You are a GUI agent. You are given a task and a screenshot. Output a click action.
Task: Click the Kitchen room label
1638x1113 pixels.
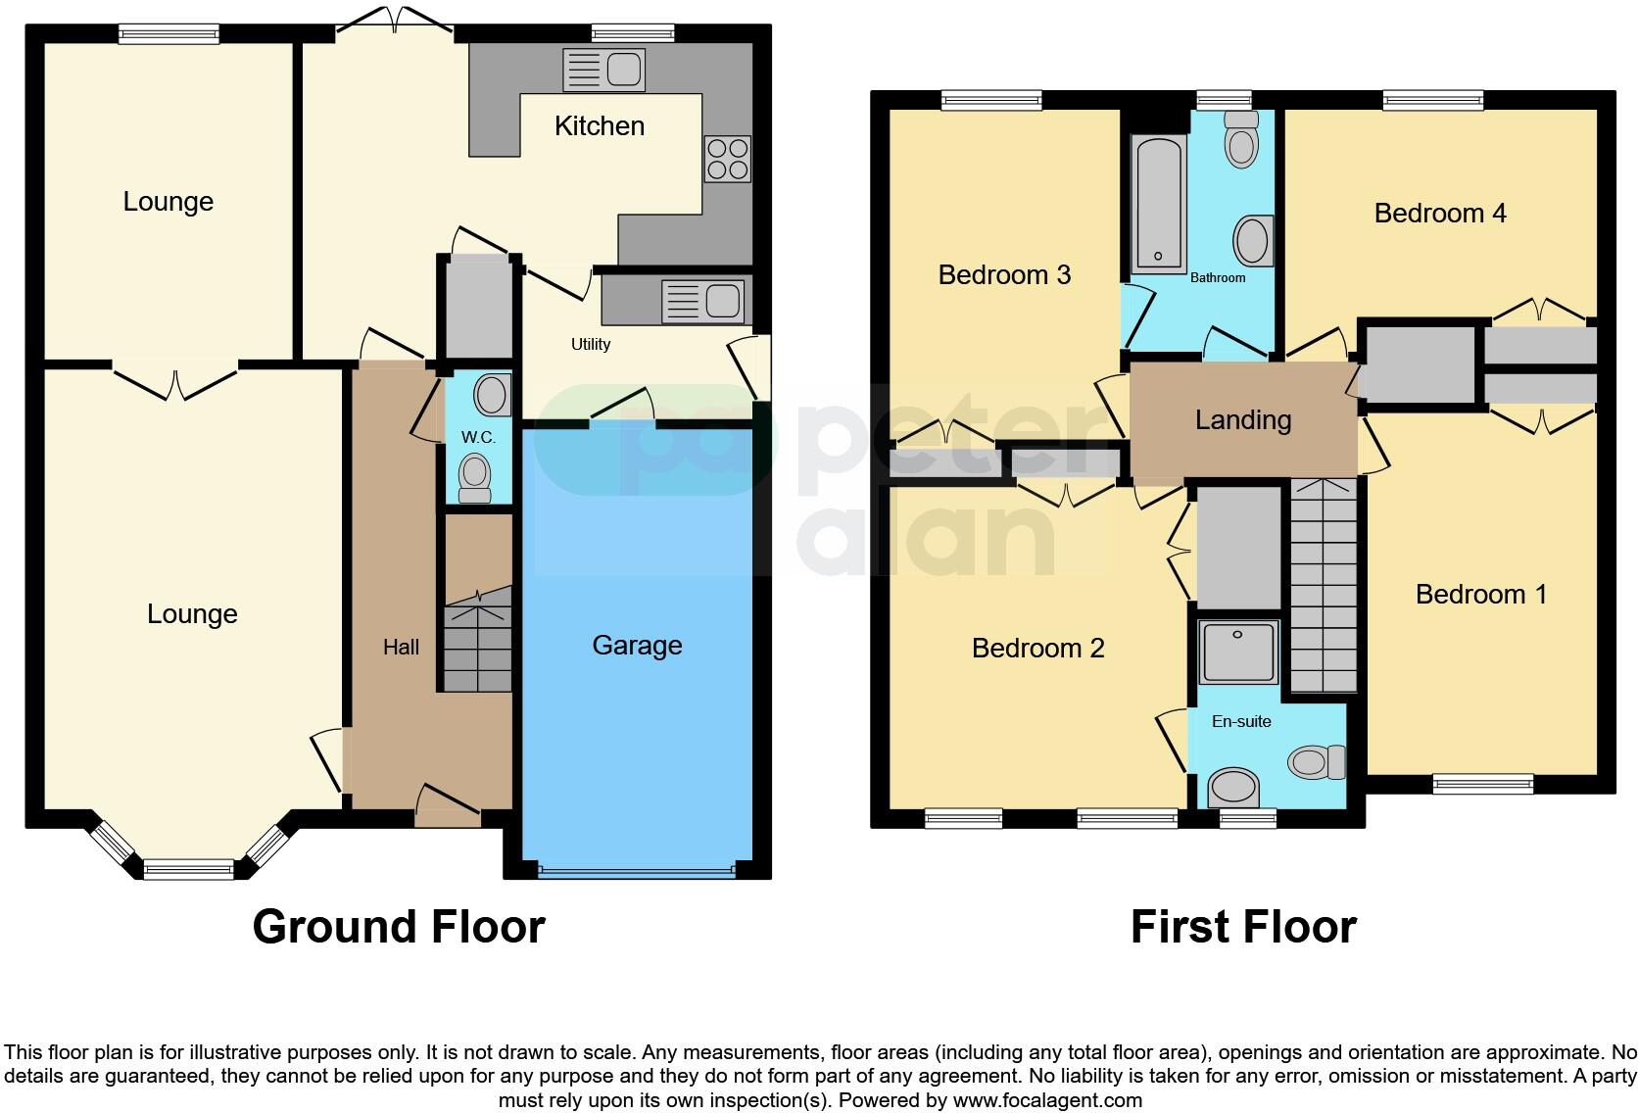[x=599, y=126]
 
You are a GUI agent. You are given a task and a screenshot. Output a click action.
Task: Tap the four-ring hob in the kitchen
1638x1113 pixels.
[x=727, y=159]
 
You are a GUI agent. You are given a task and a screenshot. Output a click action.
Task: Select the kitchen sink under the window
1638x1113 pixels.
[x=603, y=70]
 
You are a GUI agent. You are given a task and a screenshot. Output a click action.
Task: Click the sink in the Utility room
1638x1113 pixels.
[x=702, y=300]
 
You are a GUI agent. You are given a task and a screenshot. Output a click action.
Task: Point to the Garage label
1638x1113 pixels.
[x=637, y=646]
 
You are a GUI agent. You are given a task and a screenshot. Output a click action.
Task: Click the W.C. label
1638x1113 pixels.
[x=478, y=437]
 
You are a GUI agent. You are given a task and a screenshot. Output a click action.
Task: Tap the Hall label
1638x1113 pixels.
[x=401, y=647]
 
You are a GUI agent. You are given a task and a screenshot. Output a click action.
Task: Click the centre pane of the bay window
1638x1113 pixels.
[x=188, y=868]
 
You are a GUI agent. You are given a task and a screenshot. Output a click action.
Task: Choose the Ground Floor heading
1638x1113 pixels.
[x=399, y=927]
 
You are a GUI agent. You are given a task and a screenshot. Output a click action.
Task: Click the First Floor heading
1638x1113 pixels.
[x=1243, y=927]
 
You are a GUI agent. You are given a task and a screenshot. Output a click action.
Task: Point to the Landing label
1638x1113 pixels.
[x=1243, y=420]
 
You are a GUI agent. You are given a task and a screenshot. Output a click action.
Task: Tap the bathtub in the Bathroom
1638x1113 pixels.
[x=1159, y=204]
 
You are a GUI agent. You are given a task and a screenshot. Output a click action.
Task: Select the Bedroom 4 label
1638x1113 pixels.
[x=1440, y=214]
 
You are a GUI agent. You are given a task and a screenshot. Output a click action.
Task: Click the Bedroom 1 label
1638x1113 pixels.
[x=1481, y=595]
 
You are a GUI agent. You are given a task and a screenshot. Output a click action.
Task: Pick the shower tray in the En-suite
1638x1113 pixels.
[x=1239, y=652]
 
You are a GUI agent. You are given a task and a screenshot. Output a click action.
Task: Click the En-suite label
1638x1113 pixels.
[x=1241, y=721]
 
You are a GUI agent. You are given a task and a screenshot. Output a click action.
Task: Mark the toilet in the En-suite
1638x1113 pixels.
[x=1318, y=761]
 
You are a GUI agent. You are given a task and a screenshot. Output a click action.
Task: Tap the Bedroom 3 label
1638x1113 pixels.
[x=1004, y=275]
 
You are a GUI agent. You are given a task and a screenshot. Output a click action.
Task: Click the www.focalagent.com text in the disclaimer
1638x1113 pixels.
[x=1047, y=1100]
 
